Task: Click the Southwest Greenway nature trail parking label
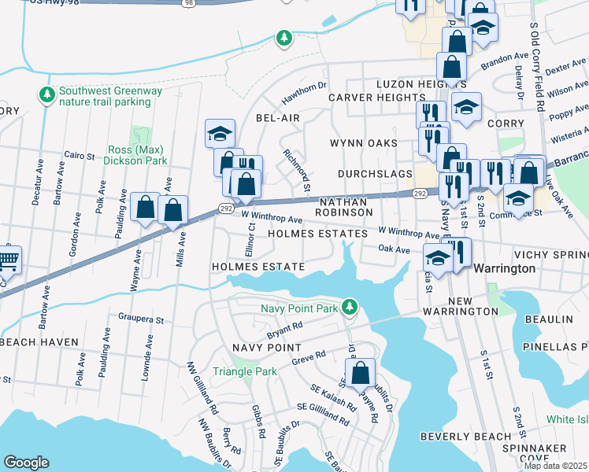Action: [102, 96]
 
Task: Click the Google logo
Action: [26, 463]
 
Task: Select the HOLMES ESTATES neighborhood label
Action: [317, 234]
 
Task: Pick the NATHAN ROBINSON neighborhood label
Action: [346, 206]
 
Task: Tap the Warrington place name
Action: [506, 268]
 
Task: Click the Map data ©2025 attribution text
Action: [555, 466]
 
